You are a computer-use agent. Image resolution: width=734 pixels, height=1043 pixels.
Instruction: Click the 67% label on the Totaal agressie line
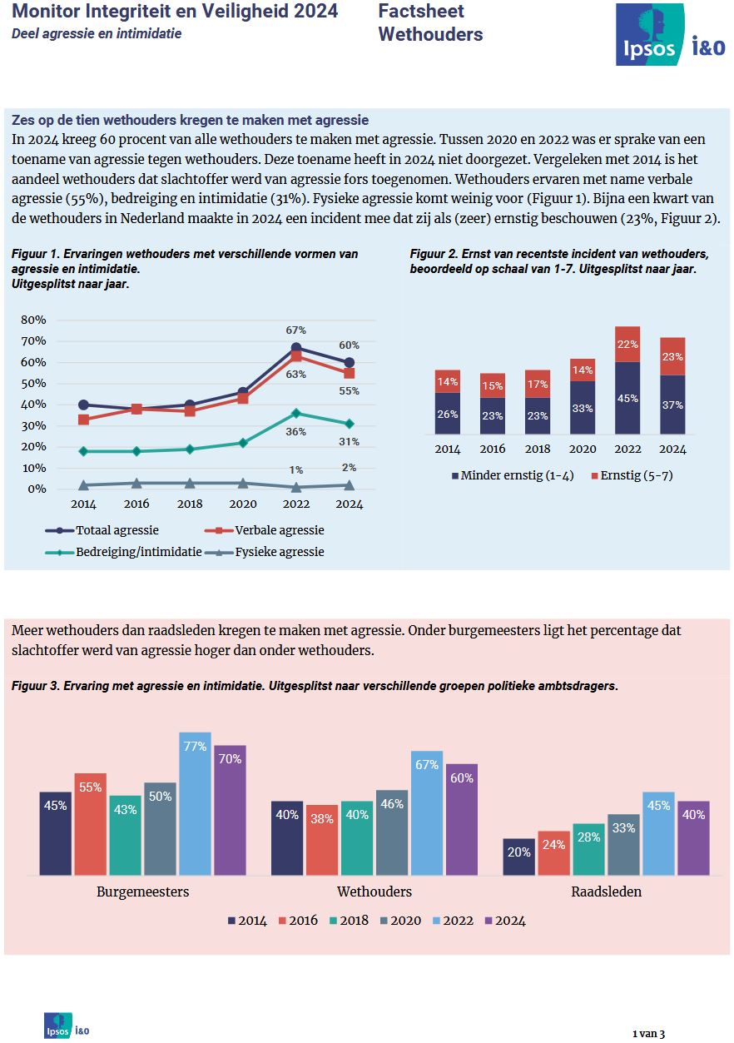[296, 330]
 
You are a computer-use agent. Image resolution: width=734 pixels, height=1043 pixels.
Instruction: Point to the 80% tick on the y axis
[33, 320]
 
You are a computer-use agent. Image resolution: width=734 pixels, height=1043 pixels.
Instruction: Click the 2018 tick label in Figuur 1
[190, 504]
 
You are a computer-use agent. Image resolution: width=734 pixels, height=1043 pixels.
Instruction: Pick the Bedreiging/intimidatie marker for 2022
[296, 413]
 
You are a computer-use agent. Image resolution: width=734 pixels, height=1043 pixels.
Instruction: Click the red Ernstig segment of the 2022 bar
[627, 345]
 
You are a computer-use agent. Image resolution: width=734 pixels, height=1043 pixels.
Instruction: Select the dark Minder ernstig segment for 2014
[448, 414]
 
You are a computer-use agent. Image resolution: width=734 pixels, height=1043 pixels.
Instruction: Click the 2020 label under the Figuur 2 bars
[583, 449]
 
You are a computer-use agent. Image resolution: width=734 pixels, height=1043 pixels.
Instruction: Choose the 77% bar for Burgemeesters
[196, 803]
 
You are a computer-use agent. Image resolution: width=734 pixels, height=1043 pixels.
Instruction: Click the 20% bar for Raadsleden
[519, 857]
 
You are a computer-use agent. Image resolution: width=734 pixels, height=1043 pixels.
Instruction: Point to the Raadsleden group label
[606, 892]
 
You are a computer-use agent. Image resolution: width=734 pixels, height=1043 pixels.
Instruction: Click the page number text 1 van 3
[648, 1033]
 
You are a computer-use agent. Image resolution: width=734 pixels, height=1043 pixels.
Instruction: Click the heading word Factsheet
[421, 11]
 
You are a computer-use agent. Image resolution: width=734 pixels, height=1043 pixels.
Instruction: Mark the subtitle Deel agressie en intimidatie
[97, 34]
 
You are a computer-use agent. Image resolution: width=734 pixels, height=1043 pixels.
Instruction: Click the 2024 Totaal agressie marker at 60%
[350, 362]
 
